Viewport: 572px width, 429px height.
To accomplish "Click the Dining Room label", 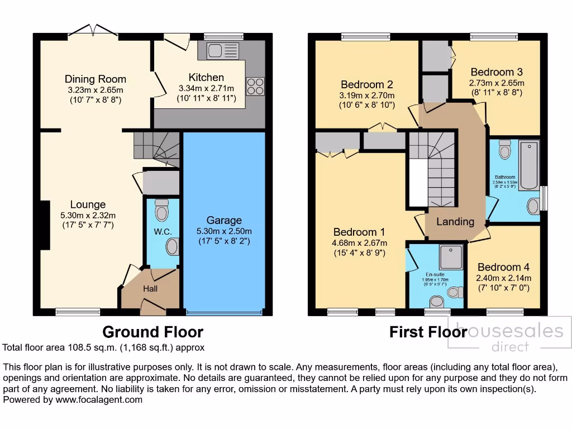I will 96,79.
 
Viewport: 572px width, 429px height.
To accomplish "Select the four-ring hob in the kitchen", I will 255,86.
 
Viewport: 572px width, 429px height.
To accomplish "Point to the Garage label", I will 224,220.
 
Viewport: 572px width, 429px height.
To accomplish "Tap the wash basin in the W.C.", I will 173,246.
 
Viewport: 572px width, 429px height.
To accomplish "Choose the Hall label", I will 150,289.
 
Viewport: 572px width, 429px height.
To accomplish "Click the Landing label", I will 455,222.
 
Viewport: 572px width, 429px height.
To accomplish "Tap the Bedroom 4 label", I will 503,267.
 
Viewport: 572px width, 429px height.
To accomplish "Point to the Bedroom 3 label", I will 497,72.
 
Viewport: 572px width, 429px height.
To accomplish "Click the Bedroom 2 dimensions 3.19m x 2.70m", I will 367,95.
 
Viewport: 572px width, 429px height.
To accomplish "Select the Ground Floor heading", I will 152,332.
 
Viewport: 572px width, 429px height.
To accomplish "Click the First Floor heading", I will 428,332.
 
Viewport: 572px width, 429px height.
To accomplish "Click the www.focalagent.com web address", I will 99,399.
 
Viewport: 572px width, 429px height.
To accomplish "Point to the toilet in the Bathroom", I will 505,149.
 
